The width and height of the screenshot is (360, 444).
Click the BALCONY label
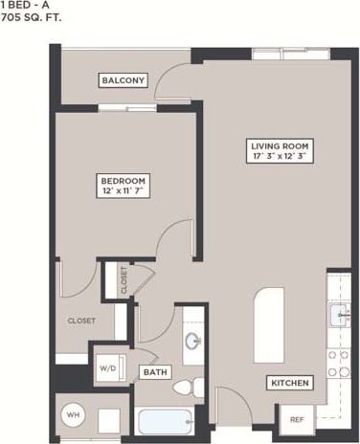[x=124, y=80]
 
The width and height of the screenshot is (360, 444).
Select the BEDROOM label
[x=124, y=180]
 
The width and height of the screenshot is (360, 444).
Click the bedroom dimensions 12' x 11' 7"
[x=124, y=191]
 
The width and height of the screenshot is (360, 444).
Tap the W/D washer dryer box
[x=105, y=366]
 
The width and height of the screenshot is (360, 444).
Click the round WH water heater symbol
[x=73, y=415]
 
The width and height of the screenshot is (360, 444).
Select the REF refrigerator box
[x=297, y=418]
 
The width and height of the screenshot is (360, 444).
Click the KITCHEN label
[x=289, y=384]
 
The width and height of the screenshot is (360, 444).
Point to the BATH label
[x=153, y=371]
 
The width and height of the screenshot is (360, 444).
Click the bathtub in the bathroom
[x=166, y=420]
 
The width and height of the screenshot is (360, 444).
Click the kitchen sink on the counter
[x=340, y=313]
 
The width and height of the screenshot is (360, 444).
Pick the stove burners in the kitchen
[x=338, y=363]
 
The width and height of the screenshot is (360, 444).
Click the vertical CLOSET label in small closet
[x=123, y=280]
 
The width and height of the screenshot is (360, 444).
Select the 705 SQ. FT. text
[x=33, y=16]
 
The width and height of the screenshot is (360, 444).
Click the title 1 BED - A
[x=26, y=5]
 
